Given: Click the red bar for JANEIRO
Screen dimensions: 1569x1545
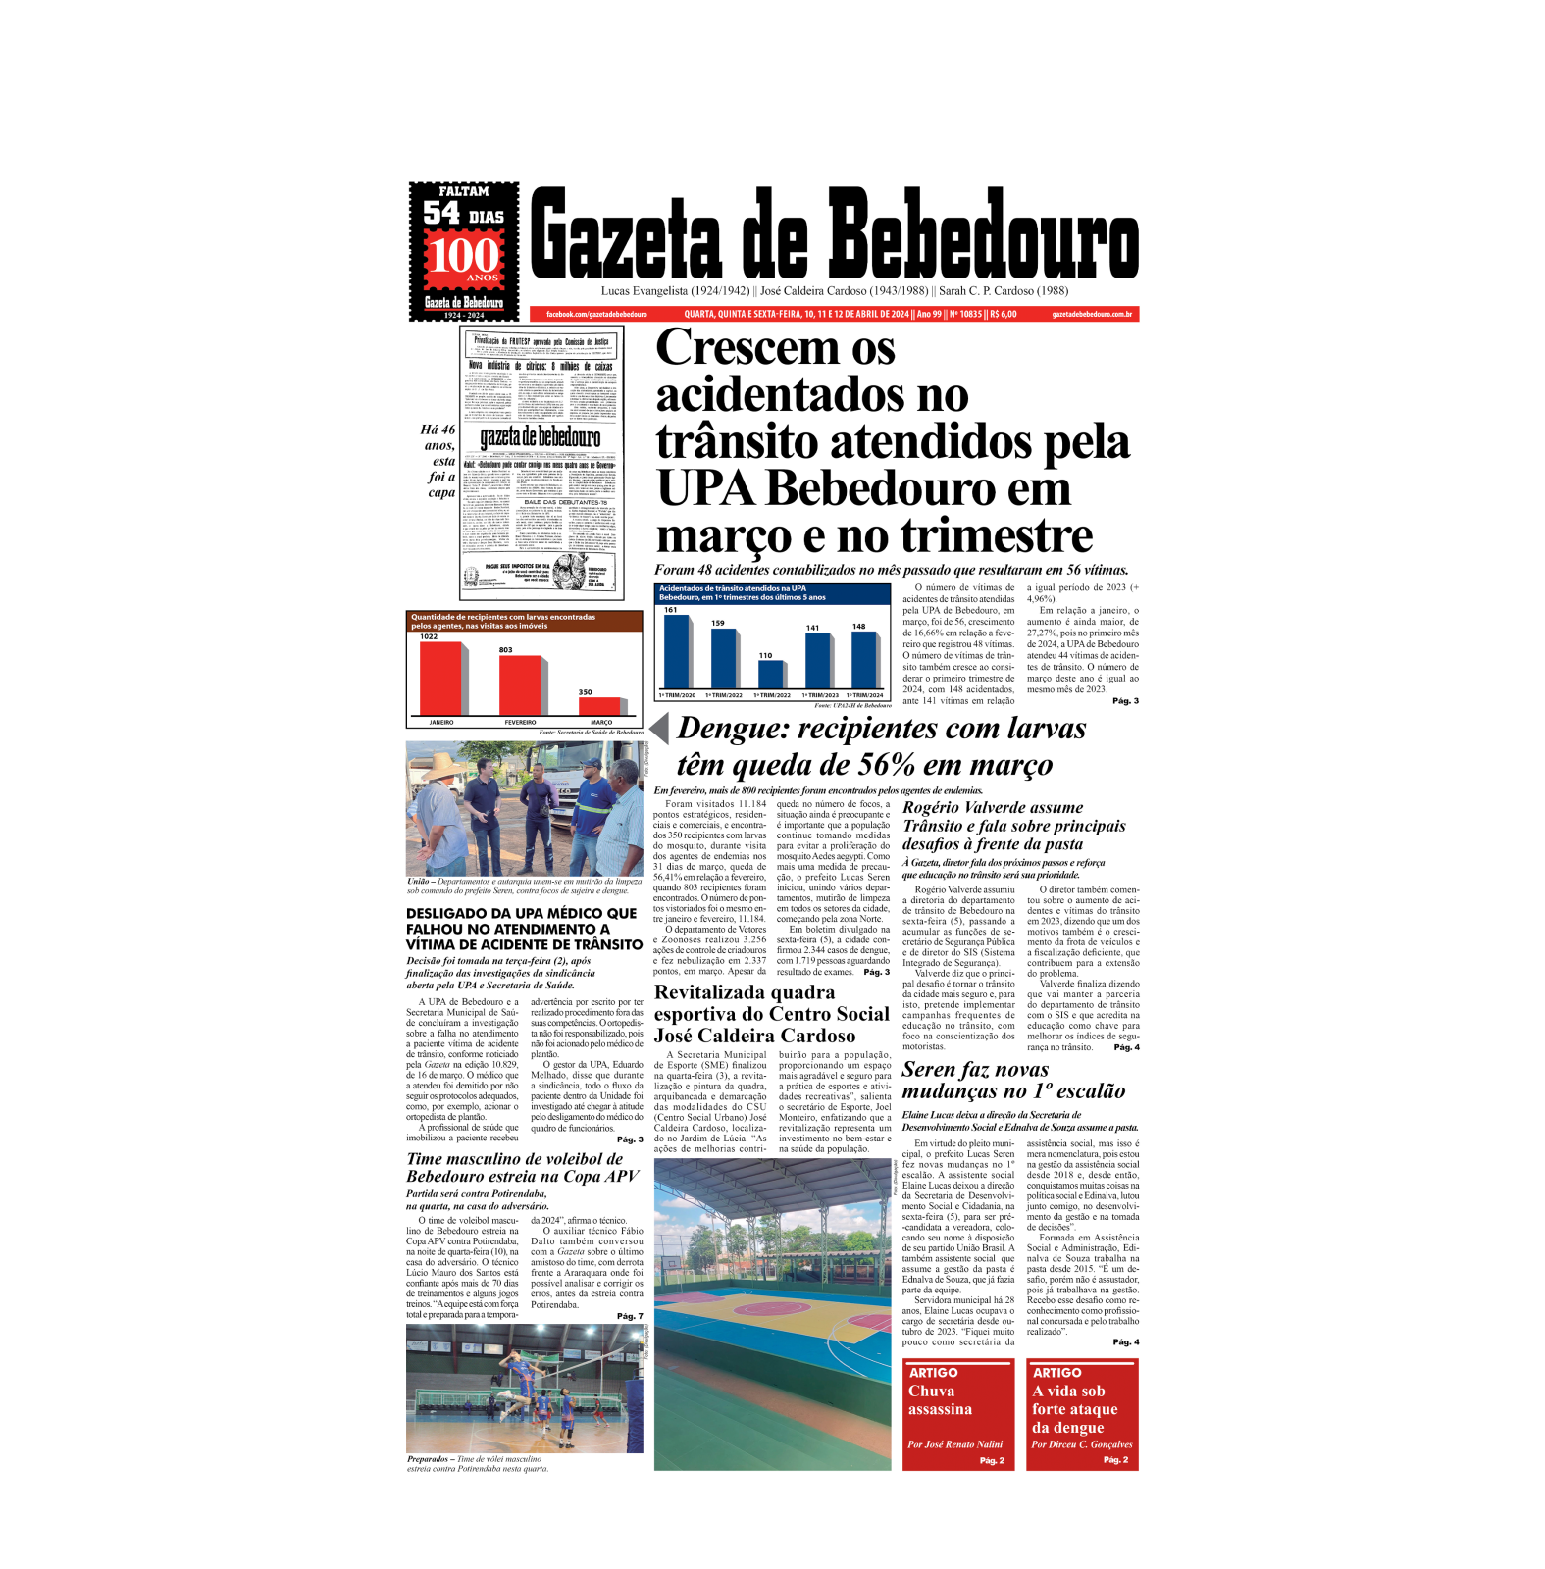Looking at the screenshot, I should click(x=440, y=678).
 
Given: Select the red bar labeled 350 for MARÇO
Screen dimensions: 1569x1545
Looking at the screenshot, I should click(x=598, y=705).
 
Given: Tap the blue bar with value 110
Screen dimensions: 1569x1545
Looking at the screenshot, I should click(x=770, y=674).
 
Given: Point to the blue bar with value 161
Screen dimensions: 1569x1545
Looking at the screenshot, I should click(x=676, y=651).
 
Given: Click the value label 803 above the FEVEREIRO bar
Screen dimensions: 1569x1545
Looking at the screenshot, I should click(x=505, y=649).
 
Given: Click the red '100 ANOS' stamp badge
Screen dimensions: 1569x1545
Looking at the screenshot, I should click(x=464, y=258).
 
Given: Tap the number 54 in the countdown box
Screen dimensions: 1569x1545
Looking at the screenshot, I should click(x=441, y=213).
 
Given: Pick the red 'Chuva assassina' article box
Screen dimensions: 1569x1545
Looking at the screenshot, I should click(x=957, y=1414).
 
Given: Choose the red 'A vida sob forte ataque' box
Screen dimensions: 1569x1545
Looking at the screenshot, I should click(x=1082, y=1414).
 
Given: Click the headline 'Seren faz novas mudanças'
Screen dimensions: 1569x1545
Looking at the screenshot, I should click(x=1012, y=1080).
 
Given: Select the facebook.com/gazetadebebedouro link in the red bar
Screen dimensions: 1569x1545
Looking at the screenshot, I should click(x=596, y=314).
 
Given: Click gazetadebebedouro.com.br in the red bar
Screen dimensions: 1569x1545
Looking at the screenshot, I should click(x=1092, y=314).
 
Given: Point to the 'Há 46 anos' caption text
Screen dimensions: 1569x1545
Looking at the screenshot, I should click(x=440, y=461).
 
